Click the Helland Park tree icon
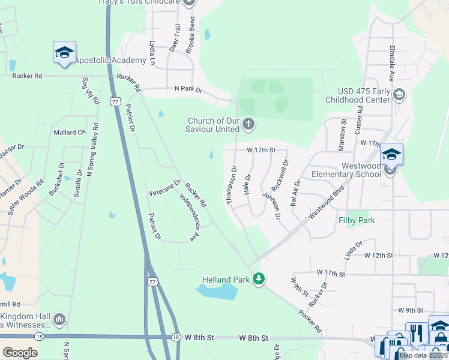259,279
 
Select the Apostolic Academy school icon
64,52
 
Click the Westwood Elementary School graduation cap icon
391,155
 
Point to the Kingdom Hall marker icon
59,320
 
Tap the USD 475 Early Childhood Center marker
399,95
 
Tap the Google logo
20,352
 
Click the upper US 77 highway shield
116,103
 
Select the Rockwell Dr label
280,173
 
